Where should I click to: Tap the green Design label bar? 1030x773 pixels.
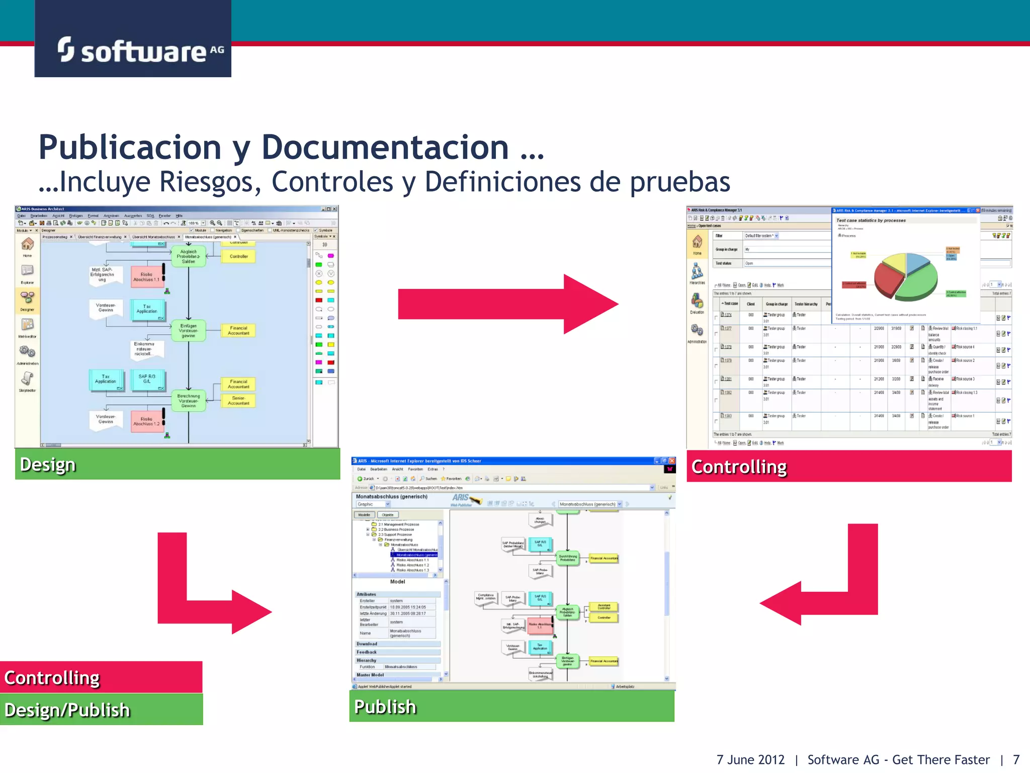pyautogui.click(x=177, y=464)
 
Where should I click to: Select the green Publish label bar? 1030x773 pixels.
pyautogui.click(x=511, y=706)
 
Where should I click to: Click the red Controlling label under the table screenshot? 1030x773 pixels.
pyautogui.click(x=849, y=467)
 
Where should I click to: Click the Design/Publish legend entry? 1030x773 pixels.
pyautogui.click(x=101, y=710)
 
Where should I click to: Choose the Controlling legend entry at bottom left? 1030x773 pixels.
pyautogui.click(x=101, y=677)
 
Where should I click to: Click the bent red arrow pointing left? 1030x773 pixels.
pyautogui.click(x=825, y=589)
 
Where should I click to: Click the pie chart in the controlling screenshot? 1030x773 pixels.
pyautogui.click(x=905, y=277)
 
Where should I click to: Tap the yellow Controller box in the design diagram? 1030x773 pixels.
pyautogui.click(x=238, y=256)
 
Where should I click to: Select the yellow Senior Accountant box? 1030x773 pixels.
pyautogui.click(x=238, y=401)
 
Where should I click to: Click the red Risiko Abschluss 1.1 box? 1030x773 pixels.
pyautogui.click(x=146, y=277)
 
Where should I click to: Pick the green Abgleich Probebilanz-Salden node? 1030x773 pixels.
pyautogui.click(x=189, y=256)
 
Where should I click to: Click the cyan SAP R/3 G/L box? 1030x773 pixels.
pyautogui.click(x=147, y=379)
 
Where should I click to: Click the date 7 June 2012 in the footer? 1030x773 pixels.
pyautogui.click(x=750, y=759)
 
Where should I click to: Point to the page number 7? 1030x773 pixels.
pyautogui.click(x=1016, y=759)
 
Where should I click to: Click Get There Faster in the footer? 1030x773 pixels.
pyautogui.click(x=940, y=759)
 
